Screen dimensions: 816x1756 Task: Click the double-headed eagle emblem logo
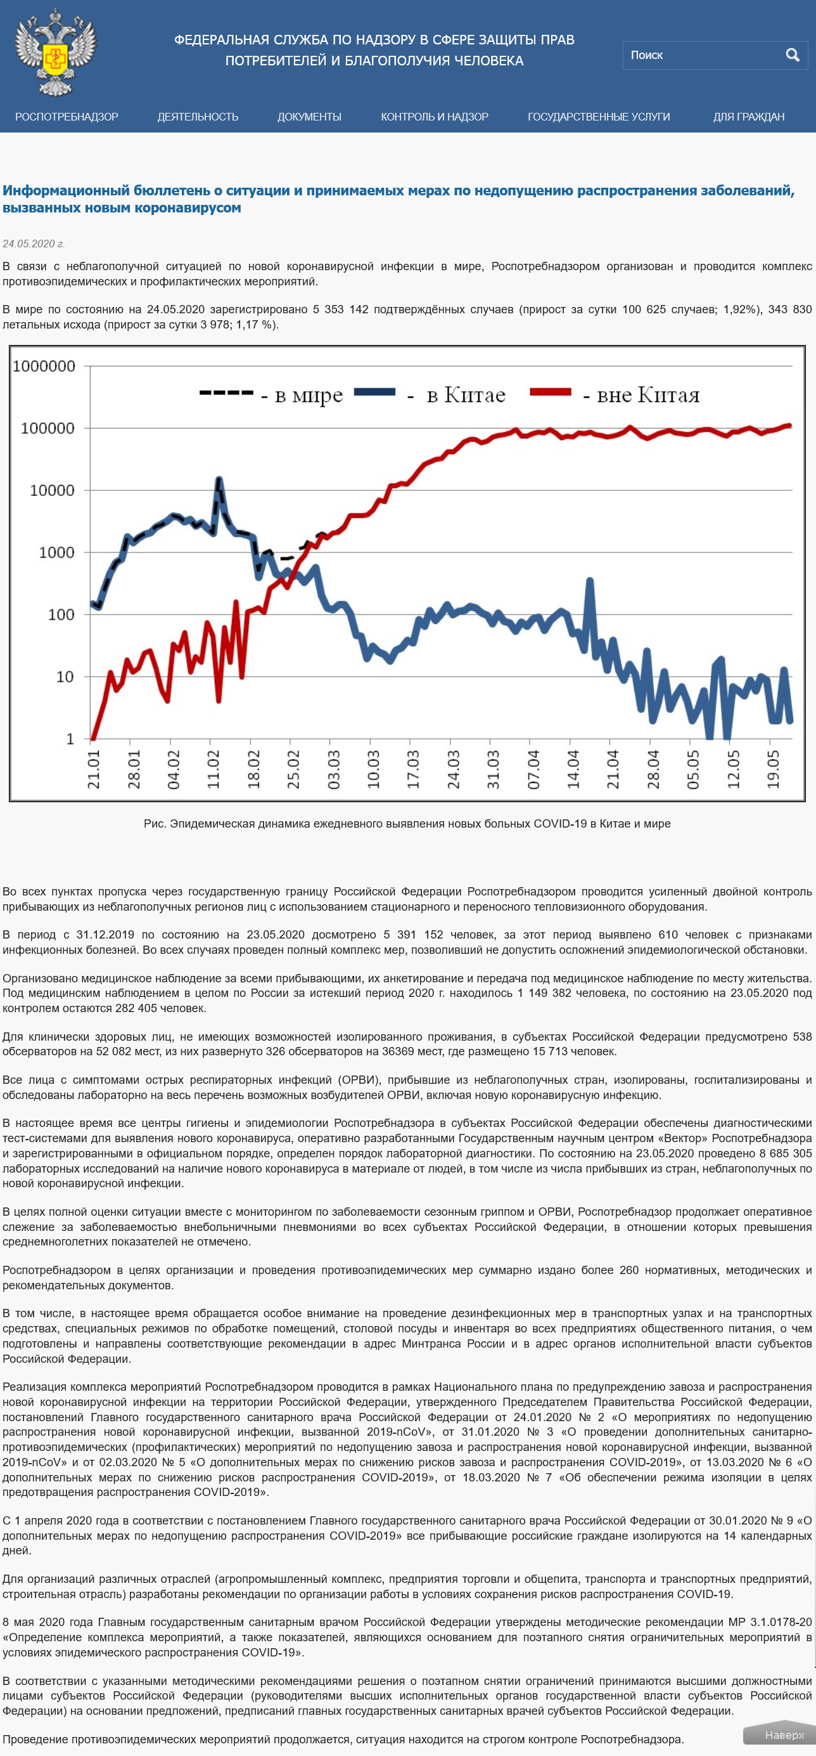[56, 52]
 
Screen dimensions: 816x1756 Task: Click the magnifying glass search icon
[792, 55]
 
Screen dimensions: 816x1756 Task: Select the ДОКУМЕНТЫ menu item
[309, 117]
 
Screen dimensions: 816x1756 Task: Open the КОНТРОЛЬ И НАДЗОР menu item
[435, 117]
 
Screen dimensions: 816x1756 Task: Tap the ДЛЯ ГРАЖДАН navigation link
[749, 117]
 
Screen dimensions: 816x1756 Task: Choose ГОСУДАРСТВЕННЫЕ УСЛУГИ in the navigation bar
[599, 117]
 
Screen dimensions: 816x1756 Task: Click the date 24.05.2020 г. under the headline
[34, 244]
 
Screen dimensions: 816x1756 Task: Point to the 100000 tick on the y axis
[48, 428]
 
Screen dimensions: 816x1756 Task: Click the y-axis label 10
[65, 677]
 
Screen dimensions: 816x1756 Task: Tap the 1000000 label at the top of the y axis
[44, 366]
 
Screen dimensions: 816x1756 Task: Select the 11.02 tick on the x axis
[214, 770]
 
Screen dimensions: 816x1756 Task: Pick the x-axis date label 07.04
[533, 770]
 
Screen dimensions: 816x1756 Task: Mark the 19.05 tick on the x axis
[773, 770]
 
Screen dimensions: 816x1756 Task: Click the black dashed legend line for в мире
[226, 393]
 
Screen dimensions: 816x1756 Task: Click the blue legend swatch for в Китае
[374, 391]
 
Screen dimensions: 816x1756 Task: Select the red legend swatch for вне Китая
[551, 391]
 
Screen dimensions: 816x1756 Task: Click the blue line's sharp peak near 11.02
[219, 479]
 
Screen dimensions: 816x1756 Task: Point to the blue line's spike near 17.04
[590, 581]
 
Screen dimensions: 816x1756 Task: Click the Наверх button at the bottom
[779, 1735]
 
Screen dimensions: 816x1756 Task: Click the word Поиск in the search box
[646, 55]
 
